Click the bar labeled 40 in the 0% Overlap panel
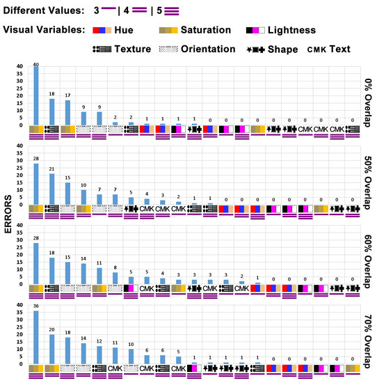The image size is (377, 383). [x=35, y=96]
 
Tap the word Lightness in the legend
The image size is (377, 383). [x=292, y=31]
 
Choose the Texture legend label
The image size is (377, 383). [x=131, y=49]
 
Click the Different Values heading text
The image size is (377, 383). [x=41, y=11]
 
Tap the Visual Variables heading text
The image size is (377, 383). [x=43, y=31]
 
